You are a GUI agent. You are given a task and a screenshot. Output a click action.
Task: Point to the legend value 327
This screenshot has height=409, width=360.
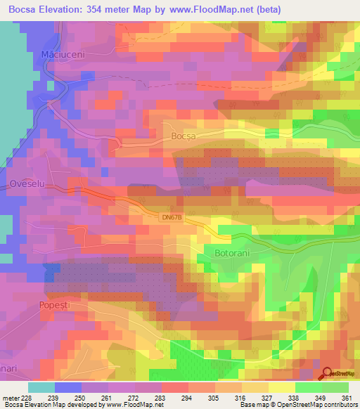point(265,396)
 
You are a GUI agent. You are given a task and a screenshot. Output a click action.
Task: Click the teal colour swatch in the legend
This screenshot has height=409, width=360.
point(41,387)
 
